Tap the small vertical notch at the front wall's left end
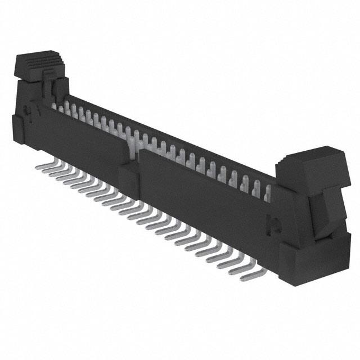point(37,107)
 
